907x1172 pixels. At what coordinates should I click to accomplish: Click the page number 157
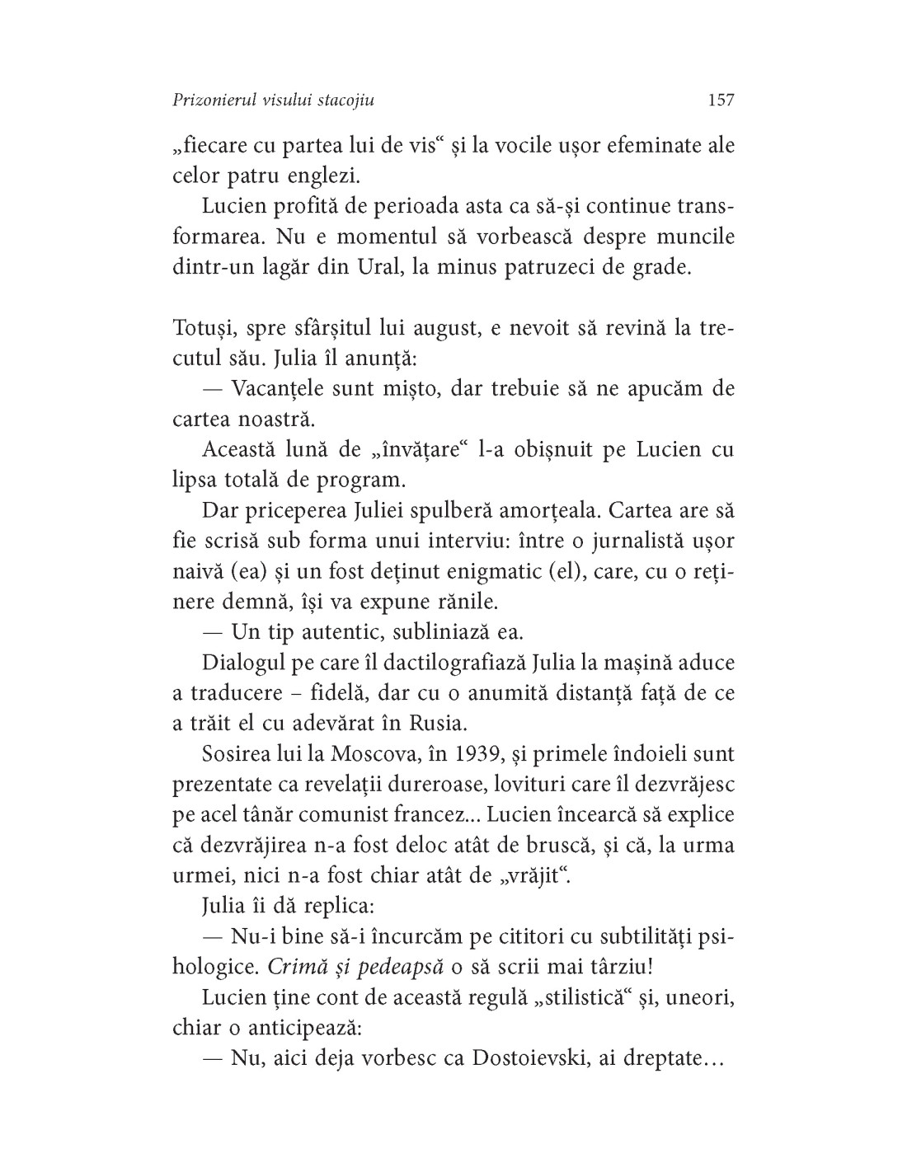click(x=720, y=100)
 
